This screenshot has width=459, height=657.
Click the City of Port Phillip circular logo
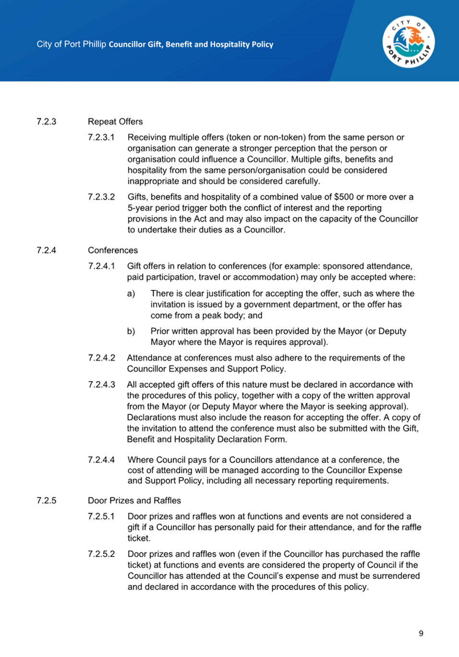(409, 43)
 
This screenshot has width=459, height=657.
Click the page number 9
(421, 633)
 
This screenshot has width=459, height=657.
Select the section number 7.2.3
(47, 122)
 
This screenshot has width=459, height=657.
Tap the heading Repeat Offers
(115, 122)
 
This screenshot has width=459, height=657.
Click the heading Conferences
(113, 251)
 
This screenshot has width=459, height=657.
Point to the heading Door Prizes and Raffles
(134, 501)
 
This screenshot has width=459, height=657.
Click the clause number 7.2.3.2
(101, 197)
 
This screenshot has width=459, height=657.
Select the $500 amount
(344, 197)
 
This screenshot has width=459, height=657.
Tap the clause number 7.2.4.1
(101, 266)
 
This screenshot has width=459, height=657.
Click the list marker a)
(131, 294)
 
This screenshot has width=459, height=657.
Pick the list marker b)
(131, 332)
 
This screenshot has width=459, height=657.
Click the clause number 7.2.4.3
(101, 385)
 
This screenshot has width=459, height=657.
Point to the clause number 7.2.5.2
(101, 554)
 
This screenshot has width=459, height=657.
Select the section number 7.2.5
(47, 501)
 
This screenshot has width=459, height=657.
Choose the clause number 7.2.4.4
(101, 460)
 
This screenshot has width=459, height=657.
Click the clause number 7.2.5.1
(101, 517)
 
